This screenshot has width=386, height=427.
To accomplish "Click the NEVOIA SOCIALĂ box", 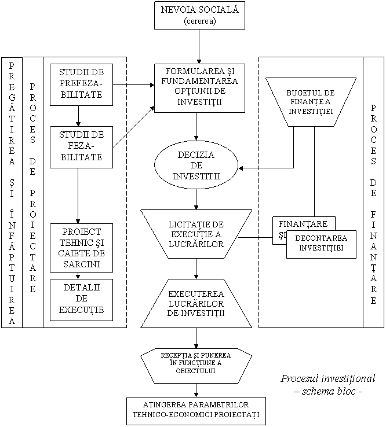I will tap(199, 15).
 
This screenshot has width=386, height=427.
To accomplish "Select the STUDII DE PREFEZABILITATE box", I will tap(81, 84).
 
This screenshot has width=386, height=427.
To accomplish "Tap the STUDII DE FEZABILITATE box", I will tap(81, 146).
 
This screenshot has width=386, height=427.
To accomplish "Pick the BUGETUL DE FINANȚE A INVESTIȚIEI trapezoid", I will tap(311, 102).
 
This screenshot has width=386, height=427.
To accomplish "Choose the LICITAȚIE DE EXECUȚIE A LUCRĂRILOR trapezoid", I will tap(196, 234).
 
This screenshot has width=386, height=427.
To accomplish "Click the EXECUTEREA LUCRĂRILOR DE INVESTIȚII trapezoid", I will tap(195, 303).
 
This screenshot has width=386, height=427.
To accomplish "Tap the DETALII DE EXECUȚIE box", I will tap(81, 300).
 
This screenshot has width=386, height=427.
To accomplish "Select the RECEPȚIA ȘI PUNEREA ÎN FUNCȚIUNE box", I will tap(196, 365).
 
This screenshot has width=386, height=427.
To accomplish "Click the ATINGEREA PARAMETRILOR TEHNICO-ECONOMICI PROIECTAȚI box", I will tap(196, 410).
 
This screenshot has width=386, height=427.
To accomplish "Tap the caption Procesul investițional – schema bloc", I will tap(328, 385).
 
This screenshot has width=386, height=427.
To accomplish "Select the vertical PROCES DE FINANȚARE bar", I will tap(373, 192).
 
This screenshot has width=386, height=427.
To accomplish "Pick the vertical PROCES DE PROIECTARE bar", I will tap(33, 192).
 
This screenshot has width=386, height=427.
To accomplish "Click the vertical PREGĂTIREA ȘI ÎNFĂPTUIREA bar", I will tap(12, 192).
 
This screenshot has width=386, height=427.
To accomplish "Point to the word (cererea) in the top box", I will tap(199, 21).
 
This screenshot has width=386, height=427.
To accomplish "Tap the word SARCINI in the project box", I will tap(81, 264).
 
